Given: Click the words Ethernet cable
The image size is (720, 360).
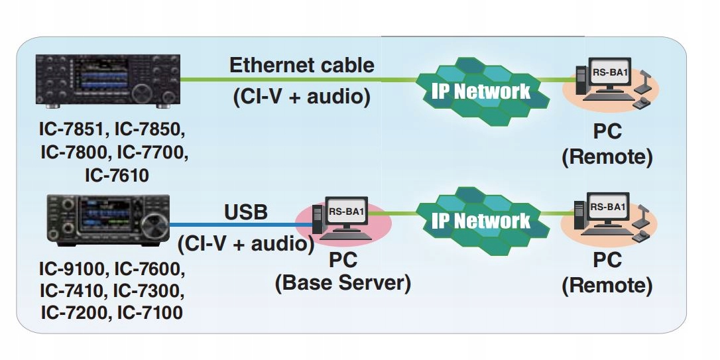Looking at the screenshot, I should [302, 66].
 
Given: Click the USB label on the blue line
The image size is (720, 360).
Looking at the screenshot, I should [246, 213].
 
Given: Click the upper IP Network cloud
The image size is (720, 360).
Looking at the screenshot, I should [482, 91].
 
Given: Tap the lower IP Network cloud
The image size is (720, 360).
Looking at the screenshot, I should [482, 221].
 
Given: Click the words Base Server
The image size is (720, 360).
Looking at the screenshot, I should [343, 283].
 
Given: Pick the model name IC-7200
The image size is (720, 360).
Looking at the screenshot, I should [73, 311].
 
